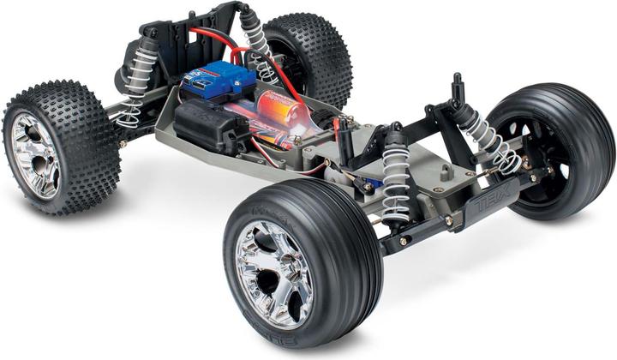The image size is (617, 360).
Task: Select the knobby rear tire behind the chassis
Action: coord(308,60)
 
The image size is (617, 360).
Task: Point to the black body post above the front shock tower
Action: coord(457,87)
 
